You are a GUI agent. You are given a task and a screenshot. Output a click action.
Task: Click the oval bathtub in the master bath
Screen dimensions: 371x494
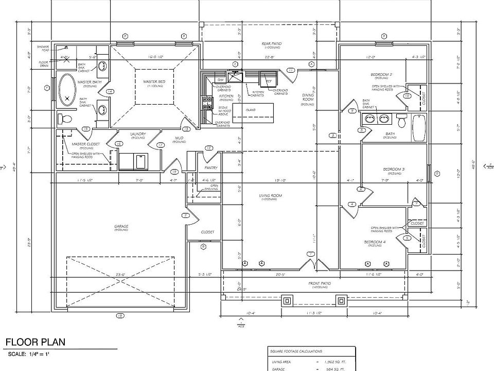[67, 90]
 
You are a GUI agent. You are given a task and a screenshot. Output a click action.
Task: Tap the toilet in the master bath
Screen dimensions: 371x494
[66, 119]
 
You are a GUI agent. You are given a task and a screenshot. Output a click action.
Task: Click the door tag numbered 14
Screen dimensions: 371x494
[110, 92]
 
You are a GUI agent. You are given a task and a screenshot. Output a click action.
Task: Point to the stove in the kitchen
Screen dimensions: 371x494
[207, 103]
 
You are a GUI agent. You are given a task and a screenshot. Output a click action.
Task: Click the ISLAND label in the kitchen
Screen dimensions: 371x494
[251, 110]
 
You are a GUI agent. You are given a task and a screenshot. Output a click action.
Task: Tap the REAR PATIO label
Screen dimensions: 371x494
[271, 44]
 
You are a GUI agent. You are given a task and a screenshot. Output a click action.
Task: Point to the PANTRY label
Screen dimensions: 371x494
[211, 168]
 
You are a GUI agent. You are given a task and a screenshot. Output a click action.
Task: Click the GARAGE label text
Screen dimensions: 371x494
[121, 226]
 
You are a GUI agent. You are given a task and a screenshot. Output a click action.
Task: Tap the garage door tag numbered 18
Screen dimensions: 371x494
[119, 315]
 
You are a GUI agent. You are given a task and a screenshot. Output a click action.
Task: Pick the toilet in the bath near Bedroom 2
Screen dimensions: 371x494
[401, 121]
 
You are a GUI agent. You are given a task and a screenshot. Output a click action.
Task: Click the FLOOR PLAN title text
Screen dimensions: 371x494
[35, 343]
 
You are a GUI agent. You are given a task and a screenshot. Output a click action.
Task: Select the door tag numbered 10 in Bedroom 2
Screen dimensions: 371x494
[407, 96]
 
